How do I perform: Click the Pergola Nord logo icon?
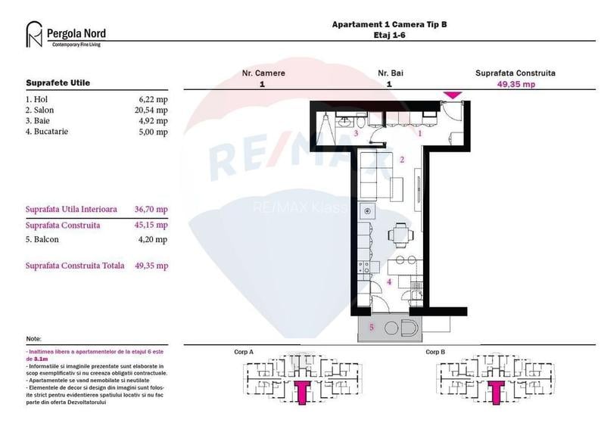click(34, 35)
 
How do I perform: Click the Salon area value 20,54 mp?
click(151, 110)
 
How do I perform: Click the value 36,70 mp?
click(151, 209)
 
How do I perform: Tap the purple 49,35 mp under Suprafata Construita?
click(515, 85)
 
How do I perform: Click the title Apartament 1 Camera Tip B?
click(389, 24)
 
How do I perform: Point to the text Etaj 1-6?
click(389, 35)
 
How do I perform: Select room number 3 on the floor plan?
click(356, 132)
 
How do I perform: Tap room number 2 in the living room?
click(402, 159)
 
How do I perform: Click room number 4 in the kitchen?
click(389, 281)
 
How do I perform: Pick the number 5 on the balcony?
click(371, 327)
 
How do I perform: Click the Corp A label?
click(244, 352)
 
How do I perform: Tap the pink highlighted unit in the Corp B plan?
click(497, 391)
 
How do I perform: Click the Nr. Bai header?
click(389, 73)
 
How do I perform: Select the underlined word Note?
click(33, 339)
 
